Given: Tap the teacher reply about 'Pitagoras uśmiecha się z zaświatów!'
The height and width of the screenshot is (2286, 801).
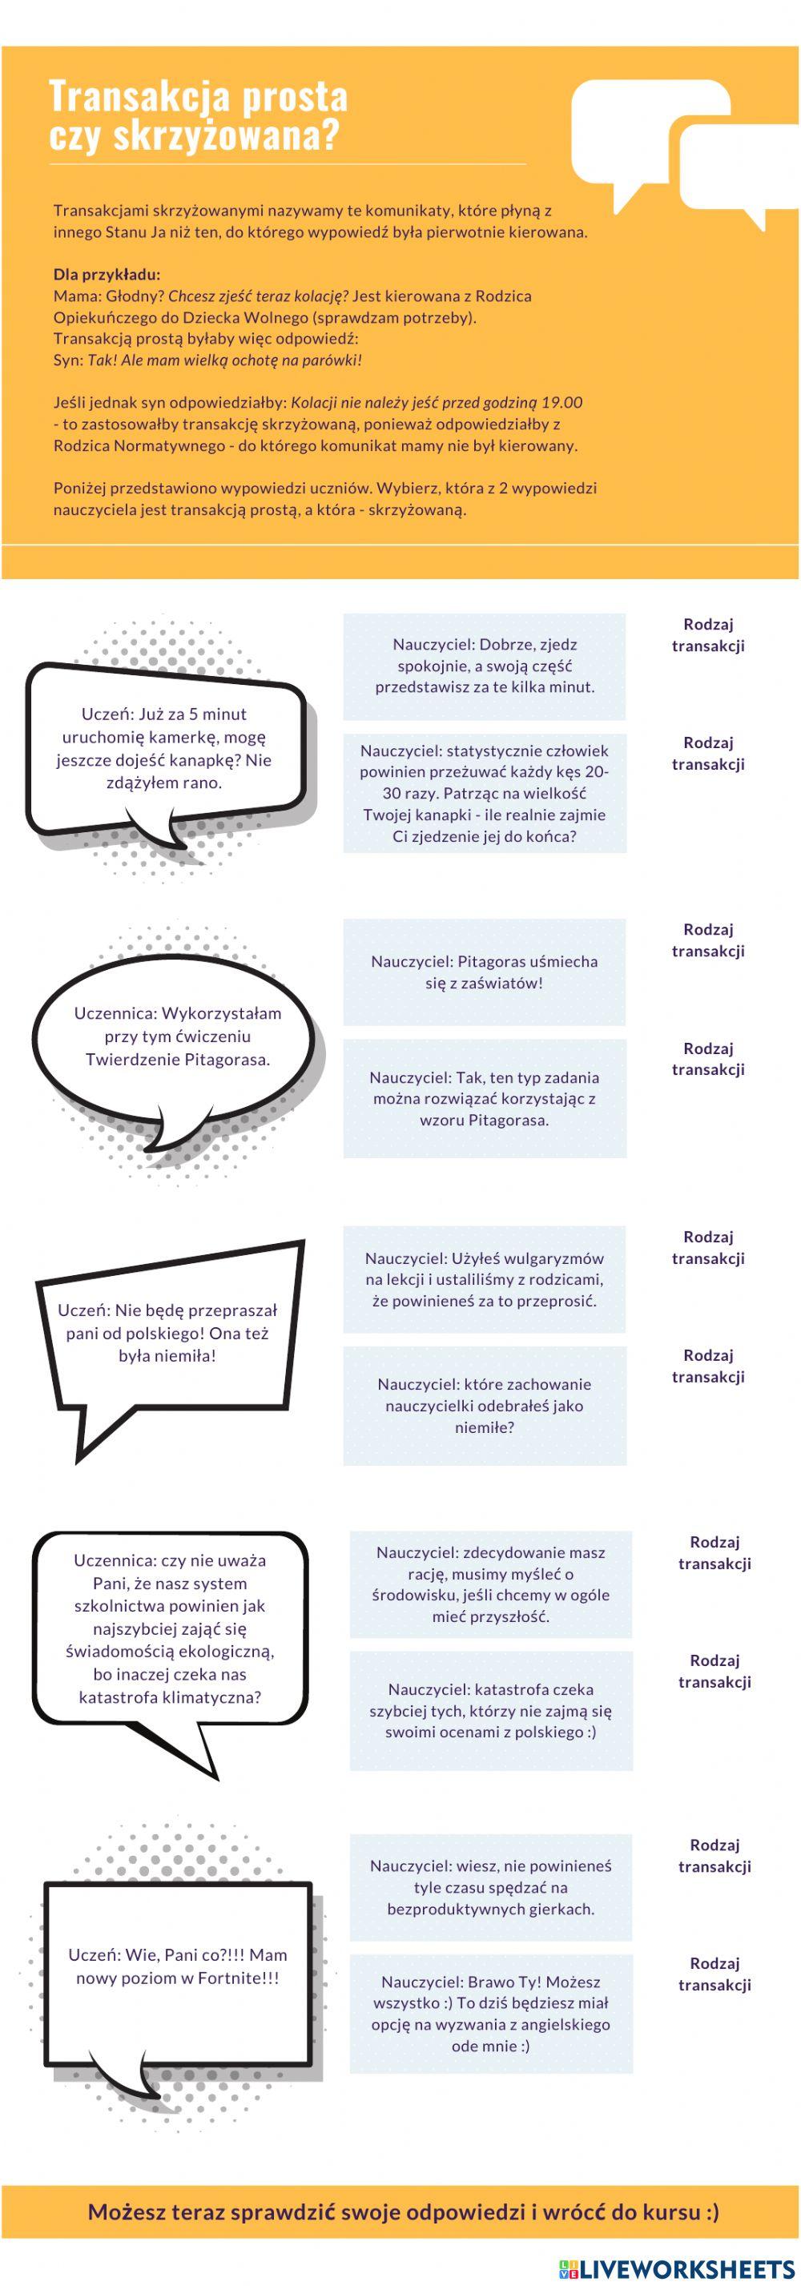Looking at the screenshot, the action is pyautogui.click(x=485, y=972).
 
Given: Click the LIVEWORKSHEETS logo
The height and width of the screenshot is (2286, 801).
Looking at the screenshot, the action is pyautogui.click(x=678, y=2268).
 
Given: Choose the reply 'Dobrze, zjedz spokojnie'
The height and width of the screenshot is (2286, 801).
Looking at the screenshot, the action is pyautogui.click(x=485, y=666).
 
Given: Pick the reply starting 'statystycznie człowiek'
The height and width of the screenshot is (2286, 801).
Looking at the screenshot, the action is pyautogui.click(x=485, y=792).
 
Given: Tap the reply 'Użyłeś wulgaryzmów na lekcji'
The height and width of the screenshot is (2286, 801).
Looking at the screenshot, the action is pyautogui.click(x=485, y=1279).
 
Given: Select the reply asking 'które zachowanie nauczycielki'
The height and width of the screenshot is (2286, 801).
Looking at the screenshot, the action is pyautogui.click(x=485, y=1405).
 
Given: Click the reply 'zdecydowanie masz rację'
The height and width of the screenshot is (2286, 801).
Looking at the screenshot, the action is pyautogui.click(x=490, y=1584).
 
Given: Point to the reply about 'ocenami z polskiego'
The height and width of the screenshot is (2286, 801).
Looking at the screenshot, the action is pyautogui.click(x=490, y=1710).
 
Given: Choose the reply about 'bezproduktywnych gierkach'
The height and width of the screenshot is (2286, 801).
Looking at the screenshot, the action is pyautogui.click(x=490, y=1886).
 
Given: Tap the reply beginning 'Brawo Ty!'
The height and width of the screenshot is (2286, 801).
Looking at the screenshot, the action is pyautogui.click(x=490, y=2014).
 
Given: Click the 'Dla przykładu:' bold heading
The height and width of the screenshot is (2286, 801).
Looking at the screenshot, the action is pyautogui.click(x=107, y=274).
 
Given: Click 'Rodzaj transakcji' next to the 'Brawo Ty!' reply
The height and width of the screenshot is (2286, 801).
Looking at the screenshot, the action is pyautogui.click(x=714, y=1974).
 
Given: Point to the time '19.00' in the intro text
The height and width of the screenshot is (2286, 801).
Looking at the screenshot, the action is pyautogui.click(x=562, y=402).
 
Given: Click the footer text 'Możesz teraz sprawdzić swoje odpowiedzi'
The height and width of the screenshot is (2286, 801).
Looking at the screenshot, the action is pyautogui.click(x=304, y=2212).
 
